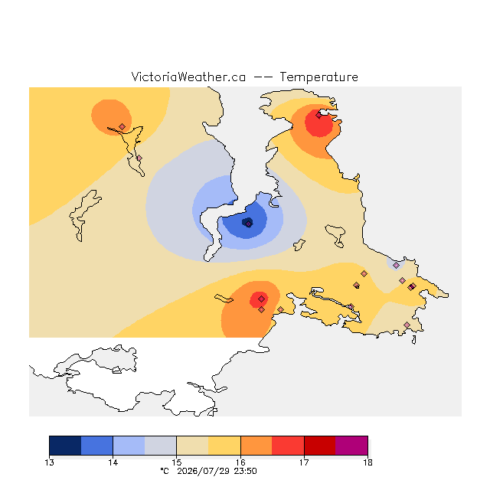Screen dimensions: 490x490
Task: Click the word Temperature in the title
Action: (318, 77)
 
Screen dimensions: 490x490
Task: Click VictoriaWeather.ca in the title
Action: (188, 77)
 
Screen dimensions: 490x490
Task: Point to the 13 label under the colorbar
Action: (49, 462)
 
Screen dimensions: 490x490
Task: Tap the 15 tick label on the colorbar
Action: (177, 462)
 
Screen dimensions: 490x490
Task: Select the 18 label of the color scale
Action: (367, 462)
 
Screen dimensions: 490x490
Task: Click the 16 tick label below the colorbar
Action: (240, 462)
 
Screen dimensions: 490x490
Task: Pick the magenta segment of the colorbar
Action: (351, 446)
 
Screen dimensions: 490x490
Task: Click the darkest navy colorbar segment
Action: (65, 446)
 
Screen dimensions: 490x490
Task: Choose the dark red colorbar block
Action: (320, 446)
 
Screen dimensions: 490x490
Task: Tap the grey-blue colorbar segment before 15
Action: (161, 446)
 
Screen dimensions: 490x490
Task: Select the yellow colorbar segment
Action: (224, 446)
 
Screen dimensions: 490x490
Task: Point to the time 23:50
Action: (245, 472)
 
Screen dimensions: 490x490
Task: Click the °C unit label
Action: (165, 471)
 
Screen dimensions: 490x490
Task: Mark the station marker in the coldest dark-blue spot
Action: (248, 224)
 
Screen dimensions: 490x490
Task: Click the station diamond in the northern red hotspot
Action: (318, 116)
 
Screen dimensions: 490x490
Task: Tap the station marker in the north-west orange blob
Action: (122, 126)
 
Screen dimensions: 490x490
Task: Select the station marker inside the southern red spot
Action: (262, 299)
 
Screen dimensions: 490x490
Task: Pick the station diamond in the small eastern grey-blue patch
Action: (397, 266)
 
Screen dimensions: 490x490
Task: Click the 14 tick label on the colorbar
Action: (113, 462)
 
